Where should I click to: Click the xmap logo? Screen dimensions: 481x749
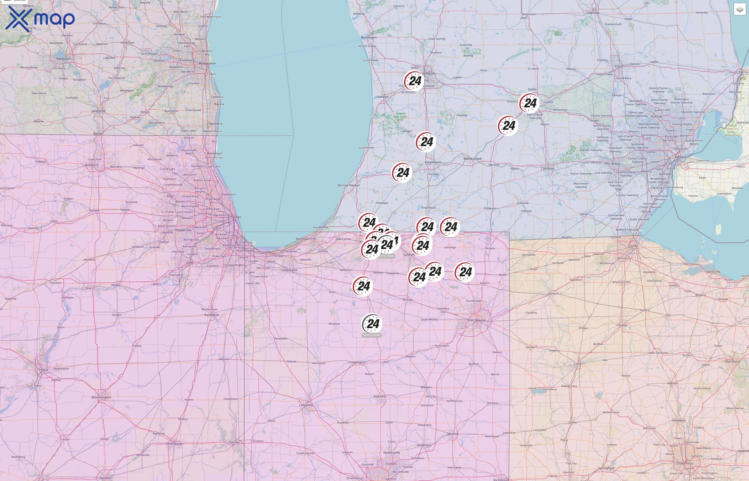40,19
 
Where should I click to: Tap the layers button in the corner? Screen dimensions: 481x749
740,9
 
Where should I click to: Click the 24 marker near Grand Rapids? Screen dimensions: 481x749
414,81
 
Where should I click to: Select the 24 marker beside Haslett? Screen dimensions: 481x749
530,103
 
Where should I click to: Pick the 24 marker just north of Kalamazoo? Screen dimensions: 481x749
426,142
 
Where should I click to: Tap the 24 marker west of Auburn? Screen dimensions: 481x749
465,272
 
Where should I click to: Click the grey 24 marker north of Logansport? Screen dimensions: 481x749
372,324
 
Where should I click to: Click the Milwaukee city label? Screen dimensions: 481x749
207,63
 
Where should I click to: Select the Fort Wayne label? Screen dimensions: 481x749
477,320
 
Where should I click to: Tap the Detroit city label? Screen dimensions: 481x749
681,157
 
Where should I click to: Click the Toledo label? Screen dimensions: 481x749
633,246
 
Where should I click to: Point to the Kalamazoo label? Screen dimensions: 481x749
433,162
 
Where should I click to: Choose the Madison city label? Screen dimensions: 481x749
63,59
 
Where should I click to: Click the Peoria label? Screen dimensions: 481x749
43,370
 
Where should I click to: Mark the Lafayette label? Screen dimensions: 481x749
306,405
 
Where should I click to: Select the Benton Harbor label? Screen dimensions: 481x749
349,185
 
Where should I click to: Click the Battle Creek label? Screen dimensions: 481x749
472,159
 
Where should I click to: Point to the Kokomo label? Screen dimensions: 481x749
380,396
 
